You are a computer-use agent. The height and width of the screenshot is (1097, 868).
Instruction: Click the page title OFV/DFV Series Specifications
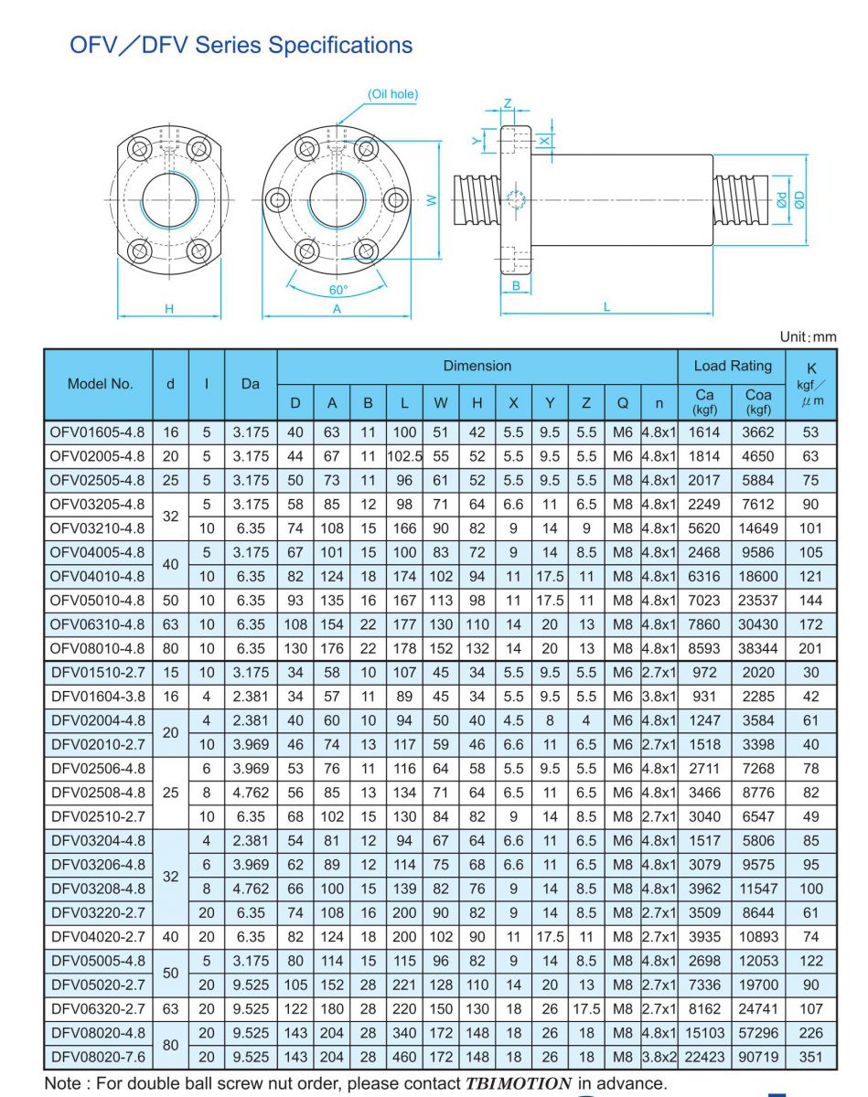click(241, 45)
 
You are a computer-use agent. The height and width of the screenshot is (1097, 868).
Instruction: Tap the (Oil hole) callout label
click(393, 94)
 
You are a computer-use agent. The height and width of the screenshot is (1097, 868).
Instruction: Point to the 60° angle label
click(338, 290)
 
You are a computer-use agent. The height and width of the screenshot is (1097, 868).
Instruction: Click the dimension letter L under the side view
click(606, 307)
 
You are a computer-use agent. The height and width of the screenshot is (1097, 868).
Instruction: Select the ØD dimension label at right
click(798, 198)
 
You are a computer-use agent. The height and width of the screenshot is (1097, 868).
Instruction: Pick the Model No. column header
click(100, 384)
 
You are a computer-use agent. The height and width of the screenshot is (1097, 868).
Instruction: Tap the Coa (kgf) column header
click(759, 402)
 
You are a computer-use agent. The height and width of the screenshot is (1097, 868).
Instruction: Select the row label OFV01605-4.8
click(98, 431)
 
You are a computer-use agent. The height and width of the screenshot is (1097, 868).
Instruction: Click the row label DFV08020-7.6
click(98, 1058)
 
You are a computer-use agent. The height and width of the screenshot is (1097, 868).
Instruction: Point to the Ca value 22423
click(703, 1058)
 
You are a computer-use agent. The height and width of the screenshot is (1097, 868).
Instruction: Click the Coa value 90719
click(759, 1058)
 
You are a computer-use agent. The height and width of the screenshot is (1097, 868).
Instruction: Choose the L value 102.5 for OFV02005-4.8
click(404, 456)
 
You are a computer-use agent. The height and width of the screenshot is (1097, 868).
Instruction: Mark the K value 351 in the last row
click(809, 1058)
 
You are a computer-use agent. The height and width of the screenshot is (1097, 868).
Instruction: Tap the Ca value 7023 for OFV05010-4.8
click(703, 601)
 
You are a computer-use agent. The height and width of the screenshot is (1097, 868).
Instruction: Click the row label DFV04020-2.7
click(98, 937)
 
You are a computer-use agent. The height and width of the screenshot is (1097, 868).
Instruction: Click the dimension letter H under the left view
click(169, 309)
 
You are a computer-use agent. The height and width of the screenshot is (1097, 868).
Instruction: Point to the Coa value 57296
click(759, 1033)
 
